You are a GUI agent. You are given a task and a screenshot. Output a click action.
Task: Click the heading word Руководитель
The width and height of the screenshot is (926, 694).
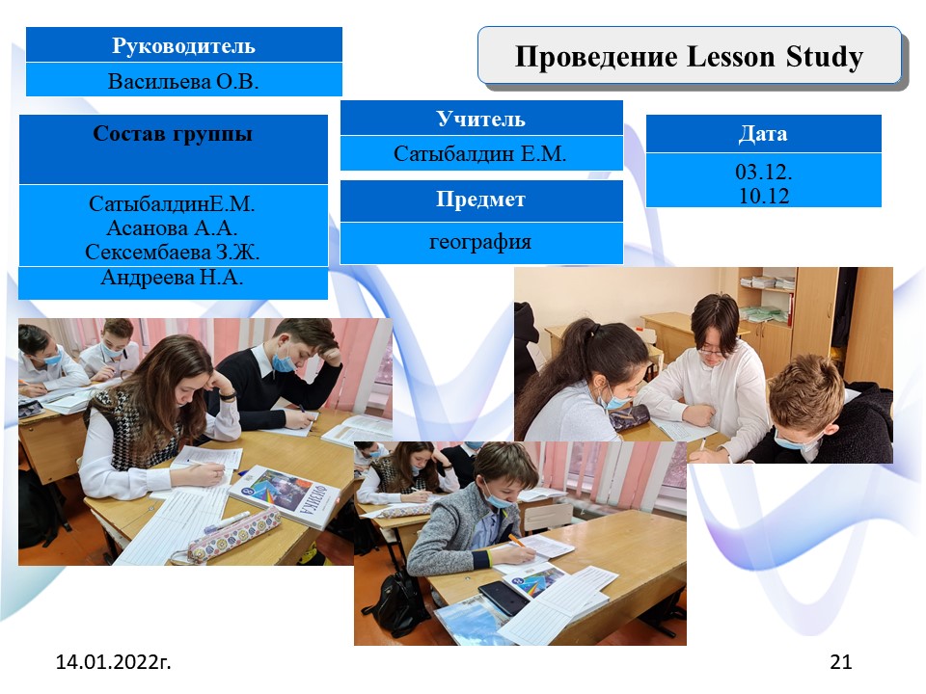[x=183, y=46]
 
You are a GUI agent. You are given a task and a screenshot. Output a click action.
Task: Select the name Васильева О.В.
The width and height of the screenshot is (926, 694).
[x=183, y=81]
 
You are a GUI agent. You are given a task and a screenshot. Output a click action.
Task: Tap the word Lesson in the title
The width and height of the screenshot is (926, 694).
[x=731, y=57]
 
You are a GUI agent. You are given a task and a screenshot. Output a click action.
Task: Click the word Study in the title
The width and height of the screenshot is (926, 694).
[x=825, y=58]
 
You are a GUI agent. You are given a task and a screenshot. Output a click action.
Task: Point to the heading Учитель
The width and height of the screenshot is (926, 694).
[x=480, y=120]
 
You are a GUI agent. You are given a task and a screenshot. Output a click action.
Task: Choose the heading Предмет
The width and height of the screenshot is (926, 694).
[x=480, y=200]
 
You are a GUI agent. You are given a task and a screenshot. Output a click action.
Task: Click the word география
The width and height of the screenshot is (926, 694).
[x=480, y=242]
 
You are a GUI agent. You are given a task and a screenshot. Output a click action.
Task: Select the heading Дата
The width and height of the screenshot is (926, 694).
[x=763, y=134]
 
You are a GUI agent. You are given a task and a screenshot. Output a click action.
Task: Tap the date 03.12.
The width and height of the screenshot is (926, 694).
[x=764, y=172]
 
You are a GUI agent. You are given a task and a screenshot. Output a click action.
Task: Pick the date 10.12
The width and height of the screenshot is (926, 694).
[x=764, y=196]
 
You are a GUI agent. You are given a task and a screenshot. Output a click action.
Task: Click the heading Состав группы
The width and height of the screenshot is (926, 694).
[x=173, y=134]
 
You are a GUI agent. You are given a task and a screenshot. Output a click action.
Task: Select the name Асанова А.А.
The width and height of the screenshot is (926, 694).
[x=172, y=227]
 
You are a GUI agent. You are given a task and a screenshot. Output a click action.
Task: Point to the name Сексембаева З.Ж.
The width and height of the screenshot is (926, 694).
[x=173, y=252]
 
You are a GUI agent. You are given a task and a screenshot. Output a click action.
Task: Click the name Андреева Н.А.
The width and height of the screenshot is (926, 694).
[x=172, y=277]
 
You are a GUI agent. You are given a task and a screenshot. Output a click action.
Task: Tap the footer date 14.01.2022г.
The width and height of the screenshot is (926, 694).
[x=114, y=661]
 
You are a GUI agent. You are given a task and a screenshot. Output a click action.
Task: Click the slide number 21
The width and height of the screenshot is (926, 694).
[x=841, y=661]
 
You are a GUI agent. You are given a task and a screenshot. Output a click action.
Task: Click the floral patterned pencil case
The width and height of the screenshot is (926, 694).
[x=234, y=535]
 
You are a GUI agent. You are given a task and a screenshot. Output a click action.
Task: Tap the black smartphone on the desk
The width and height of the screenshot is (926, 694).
[x=504, y=598]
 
